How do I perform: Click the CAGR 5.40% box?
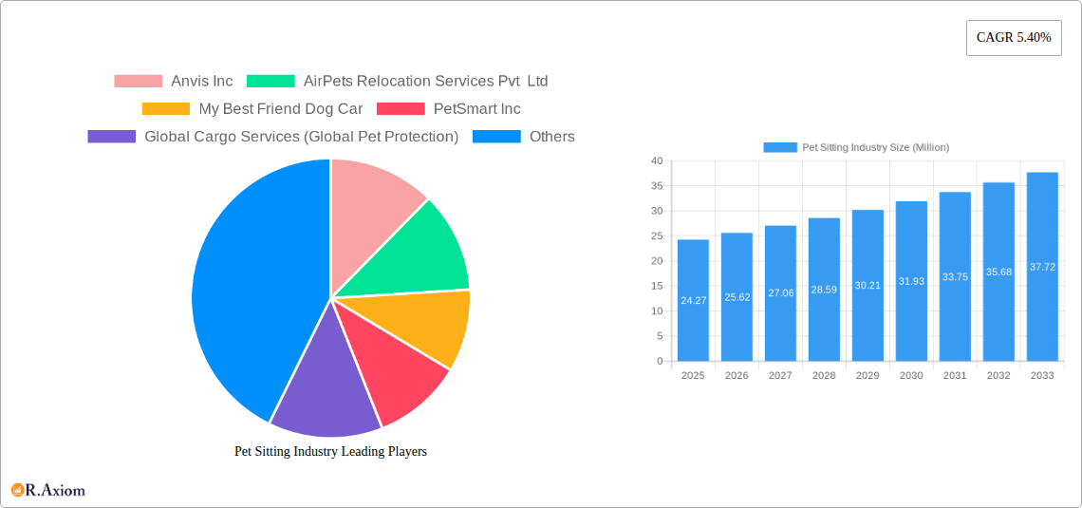click(1013, 38)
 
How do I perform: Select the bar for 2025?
click(693, 300)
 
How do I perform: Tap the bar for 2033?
click(1042, 267)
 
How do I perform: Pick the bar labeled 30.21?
click(867, 285)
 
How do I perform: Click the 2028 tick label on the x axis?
click(824, 376)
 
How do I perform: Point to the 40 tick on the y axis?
click(657, 161)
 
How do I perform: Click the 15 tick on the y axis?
click(657, 286)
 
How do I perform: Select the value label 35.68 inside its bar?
click(998, 272)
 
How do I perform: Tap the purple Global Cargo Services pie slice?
click(323, 389)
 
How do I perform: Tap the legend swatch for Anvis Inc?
click(138, 82)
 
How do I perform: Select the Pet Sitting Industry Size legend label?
click(875, 147)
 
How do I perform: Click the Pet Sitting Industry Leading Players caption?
click(330, 452)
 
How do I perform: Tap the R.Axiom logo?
click(48, 490)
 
